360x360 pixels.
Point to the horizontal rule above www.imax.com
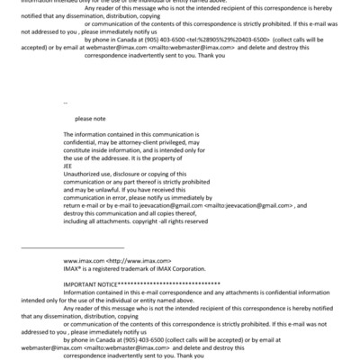point(72,247)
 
